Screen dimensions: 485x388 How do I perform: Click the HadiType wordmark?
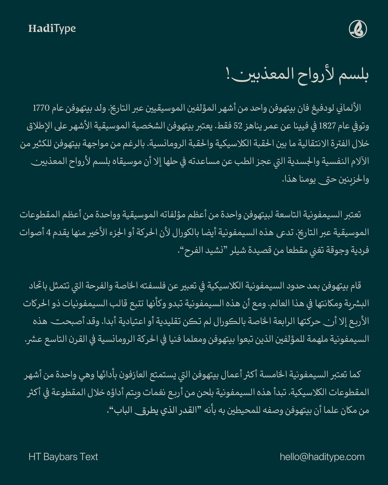point(52,29)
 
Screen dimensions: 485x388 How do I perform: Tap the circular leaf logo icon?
point(358,29)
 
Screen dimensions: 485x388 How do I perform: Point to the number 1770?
point(41,108)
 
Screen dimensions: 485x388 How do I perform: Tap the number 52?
point(238,126)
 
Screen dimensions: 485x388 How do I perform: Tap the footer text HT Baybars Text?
point(63,457)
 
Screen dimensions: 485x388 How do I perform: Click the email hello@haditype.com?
point(322,457)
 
